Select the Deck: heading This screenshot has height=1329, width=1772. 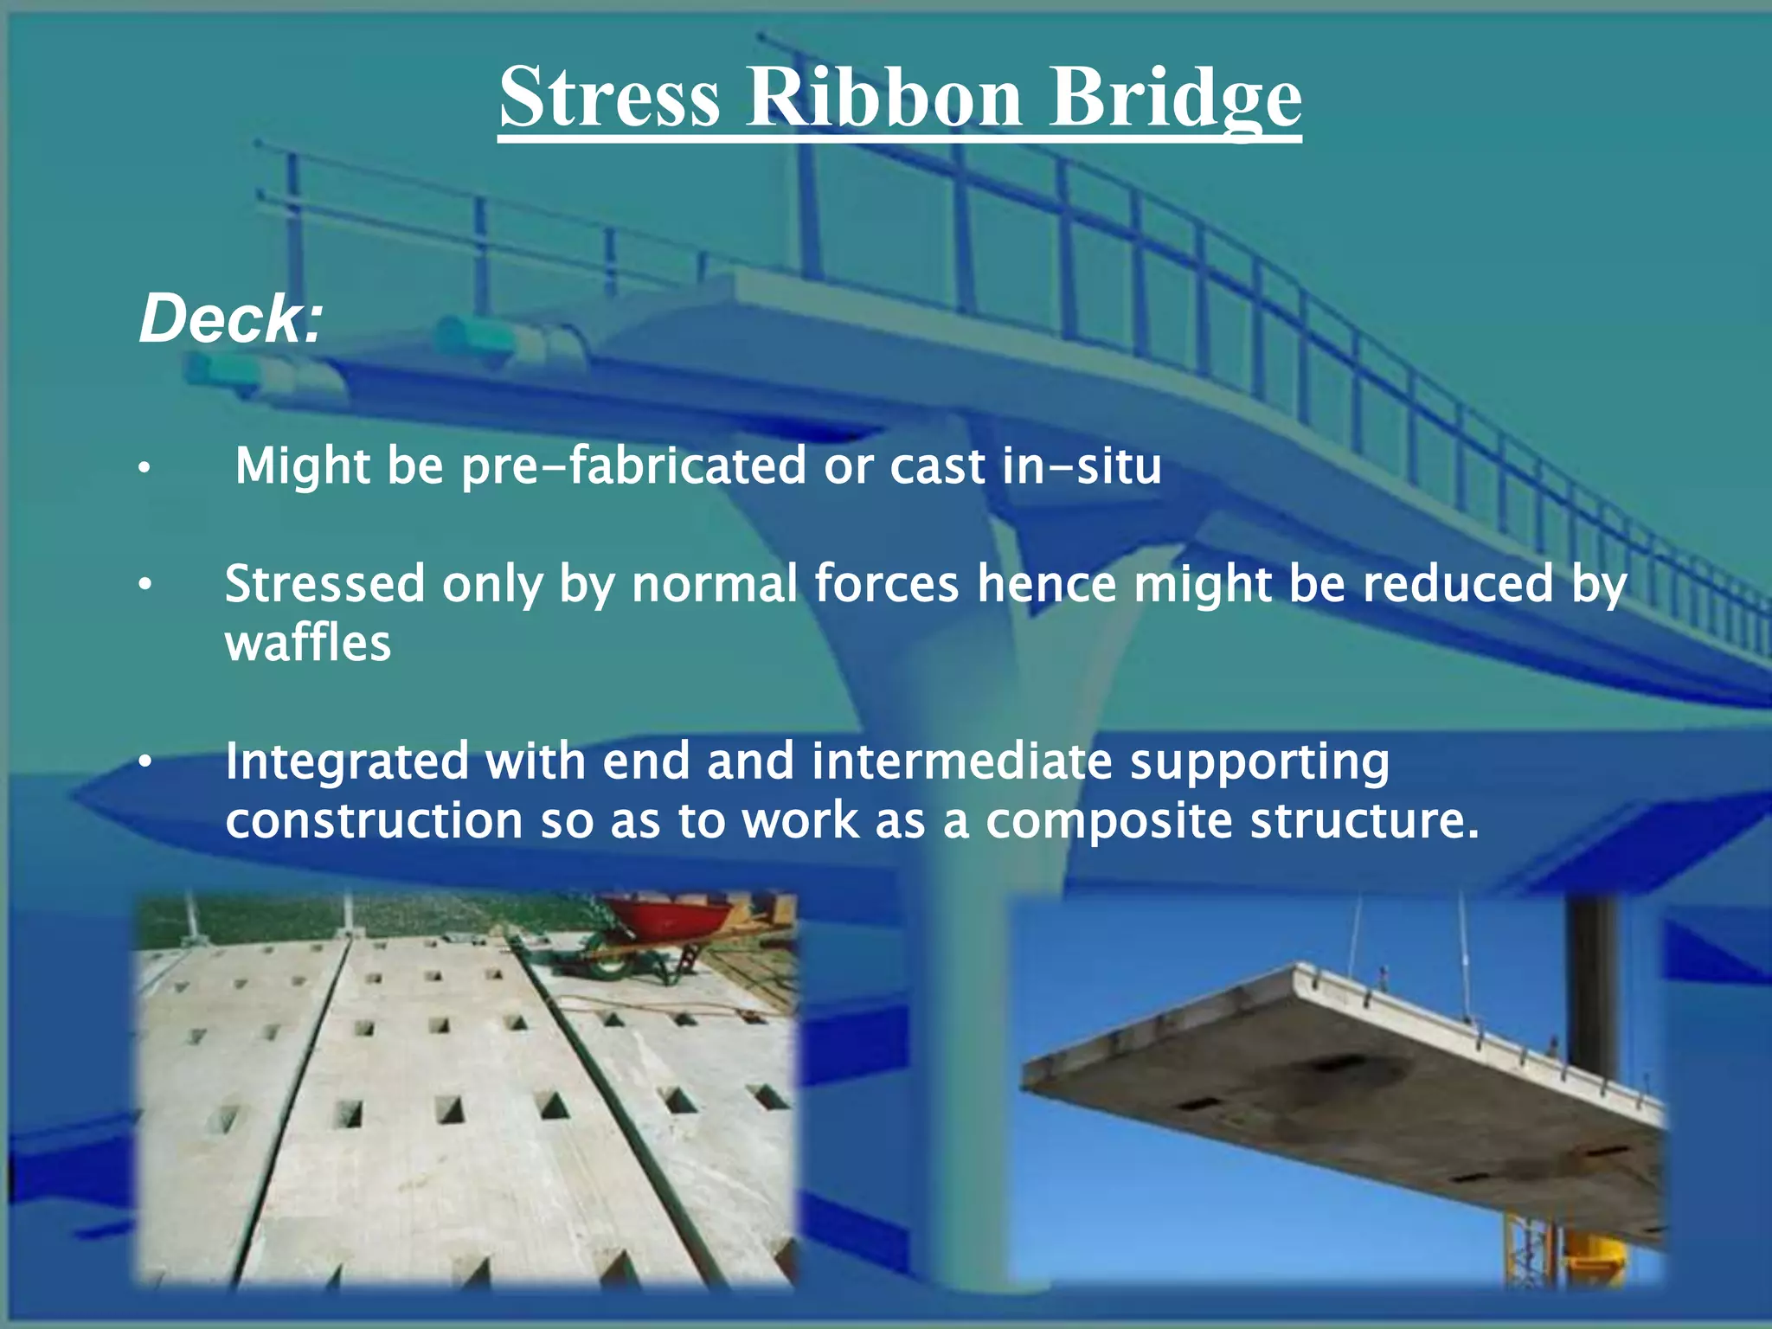tap(230, 318)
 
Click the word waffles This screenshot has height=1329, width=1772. tap(308, 644)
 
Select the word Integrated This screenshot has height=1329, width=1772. tap(345, 761)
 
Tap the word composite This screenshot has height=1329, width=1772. tap(1108, 820)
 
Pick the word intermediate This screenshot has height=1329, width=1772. tap(961, 761)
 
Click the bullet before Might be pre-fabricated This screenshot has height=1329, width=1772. tap(144, 469)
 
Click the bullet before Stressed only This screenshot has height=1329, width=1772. tap(144, 586)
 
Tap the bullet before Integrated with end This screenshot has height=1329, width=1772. tap(144, 763)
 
